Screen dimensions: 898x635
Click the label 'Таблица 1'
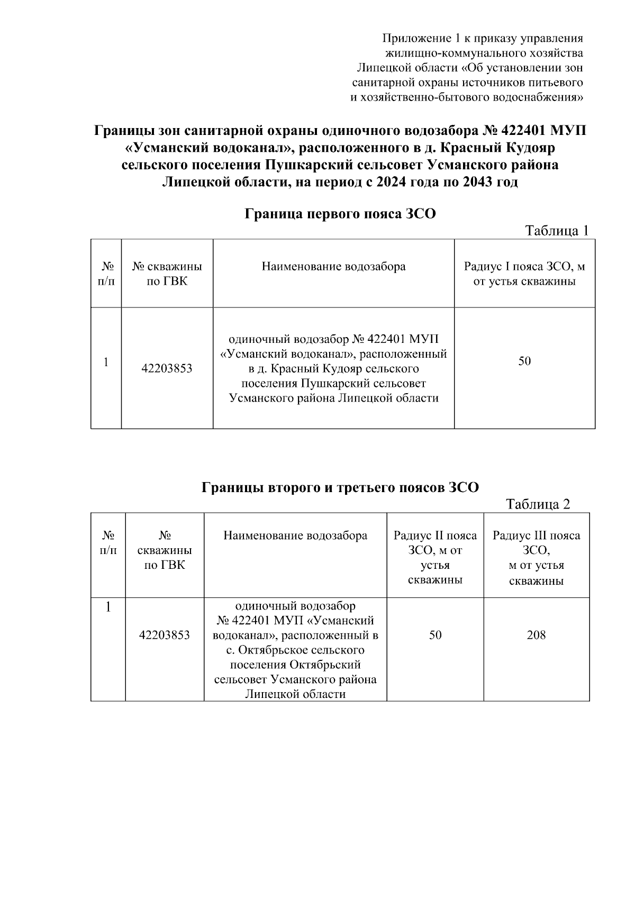(556, 231)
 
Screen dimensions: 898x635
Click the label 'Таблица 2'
(538, 504)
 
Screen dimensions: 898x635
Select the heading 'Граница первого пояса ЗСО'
(340, 214)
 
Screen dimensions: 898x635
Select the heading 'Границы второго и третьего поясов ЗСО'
(340, 487)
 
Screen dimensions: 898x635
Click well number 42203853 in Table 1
(167, 368)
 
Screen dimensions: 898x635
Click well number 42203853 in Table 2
(164, 635)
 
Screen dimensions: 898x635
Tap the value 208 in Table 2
(536, 635)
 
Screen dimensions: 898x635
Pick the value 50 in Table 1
(524, 361)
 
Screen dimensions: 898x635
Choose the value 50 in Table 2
(435, 635)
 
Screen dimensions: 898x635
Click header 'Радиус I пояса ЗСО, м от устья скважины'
(524, 274)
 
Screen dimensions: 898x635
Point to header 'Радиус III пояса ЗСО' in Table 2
(536, 558)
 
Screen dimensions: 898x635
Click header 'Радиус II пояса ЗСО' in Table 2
(435, 558)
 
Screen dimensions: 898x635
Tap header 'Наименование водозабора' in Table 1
(333, 266)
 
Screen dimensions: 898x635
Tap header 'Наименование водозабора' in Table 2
(295, 536)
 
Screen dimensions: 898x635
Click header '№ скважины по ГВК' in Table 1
(167, 274)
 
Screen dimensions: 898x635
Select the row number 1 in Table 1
(106, 362)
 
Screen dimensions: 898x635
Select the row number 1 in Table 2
(108, 607)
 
